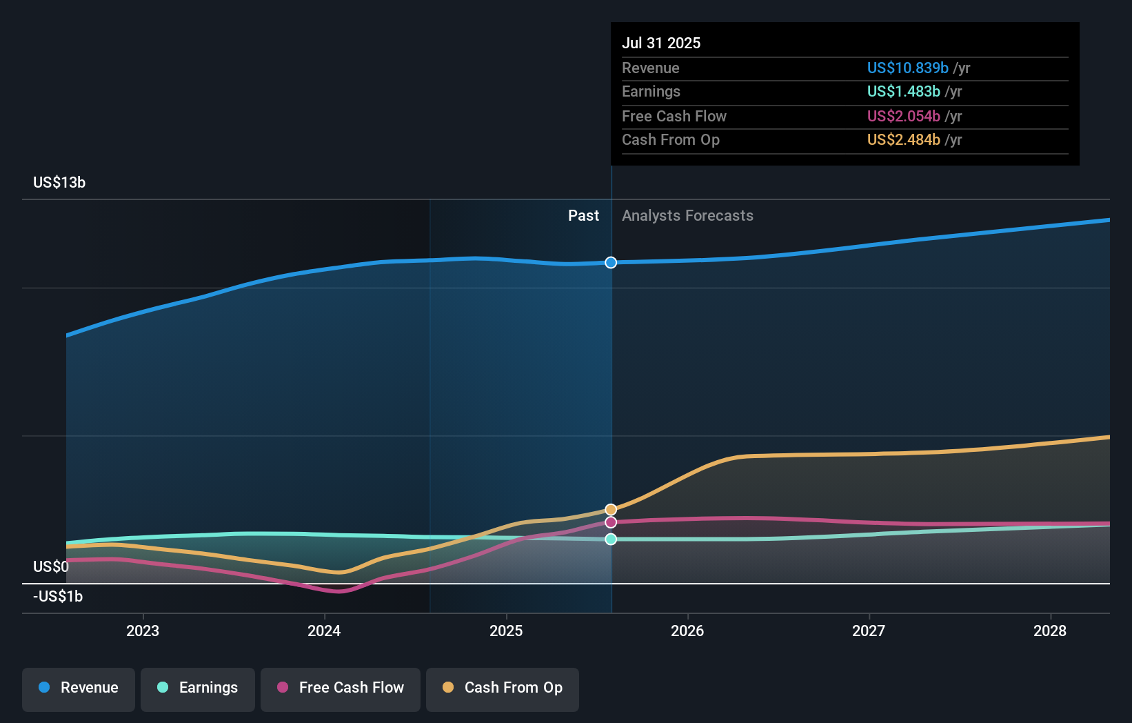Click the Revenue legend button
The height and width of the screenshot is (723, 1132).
[x=79, y=688]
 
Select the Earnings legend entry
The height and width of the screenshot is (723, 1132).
[x=198, y=688]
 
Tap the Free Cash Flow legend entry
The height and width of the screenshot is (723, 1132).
[x=341, y=688]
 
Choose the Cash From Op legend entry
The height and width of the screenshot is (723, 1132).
[x=503, y=688]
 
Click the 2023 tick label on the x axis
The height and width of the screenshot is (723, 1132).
[x=143, y=631]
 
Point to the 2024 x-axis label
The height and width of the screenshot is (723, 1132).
[x=324, y=631]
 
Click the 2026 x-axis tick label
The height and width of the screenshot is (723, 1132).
[x=687, y=631]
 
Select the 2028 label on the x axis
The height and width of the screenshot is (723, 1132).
[x=1049, y=631]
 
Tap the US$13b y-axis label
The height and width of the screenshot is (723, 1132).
[x=59, y=183]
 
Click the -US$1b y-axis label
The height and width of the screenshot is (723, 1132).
[x=58, y=597]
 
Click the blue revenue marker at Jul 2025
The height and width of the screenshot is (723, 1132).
[x=611, y=262]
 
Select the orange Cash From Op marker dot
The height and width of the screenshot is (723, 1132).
[x=611, y=510]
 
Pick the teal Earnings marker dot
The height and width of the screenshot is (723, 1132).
[x=611, y=539]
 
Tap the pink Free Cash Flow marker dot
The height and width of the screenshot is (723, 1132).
[x=611, y=522]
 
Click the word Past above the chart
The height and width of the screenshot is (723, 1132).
[x=583, y=216]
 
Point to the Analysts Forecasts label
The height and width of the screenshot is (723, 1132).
[x=687, y=216]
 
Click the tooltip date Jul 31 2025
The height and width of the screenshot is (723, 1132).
[x=661, y=43]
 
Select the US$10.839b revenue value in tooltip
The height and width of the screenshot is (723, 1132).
[x=907, y=68]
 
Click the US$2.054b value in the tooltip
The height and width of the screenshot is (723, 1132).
[x=903, y=116]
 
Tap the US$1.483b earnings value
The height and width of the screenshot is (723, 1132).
[x=903, y=92]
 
